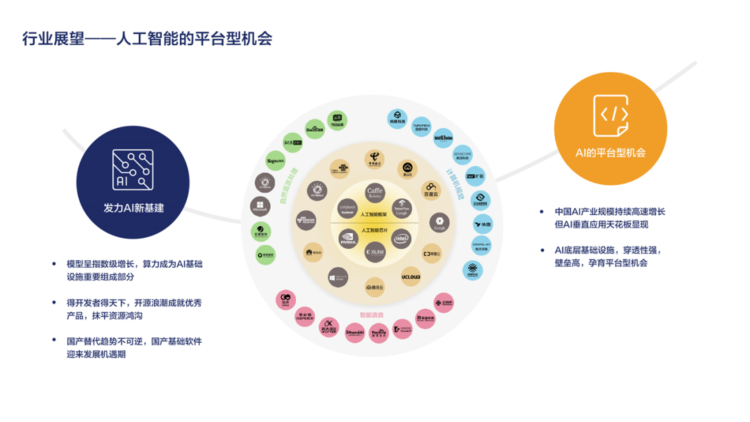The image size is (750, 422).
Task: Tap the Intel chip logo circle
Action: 401,238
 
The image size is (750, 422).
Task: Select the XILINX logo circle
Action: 375,251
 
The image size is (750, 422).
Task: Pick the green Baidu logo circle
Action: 315,129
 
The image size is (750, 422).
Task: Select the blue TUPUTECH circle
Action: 422,124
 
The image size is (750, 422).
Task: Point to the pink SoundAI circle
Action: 354,334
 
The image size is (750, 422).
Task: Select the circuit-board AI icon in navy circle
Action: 133,170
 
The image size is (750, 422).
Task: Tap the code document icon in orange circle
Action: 615,115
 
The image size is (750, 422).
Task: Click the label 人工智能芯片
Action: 374,230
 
